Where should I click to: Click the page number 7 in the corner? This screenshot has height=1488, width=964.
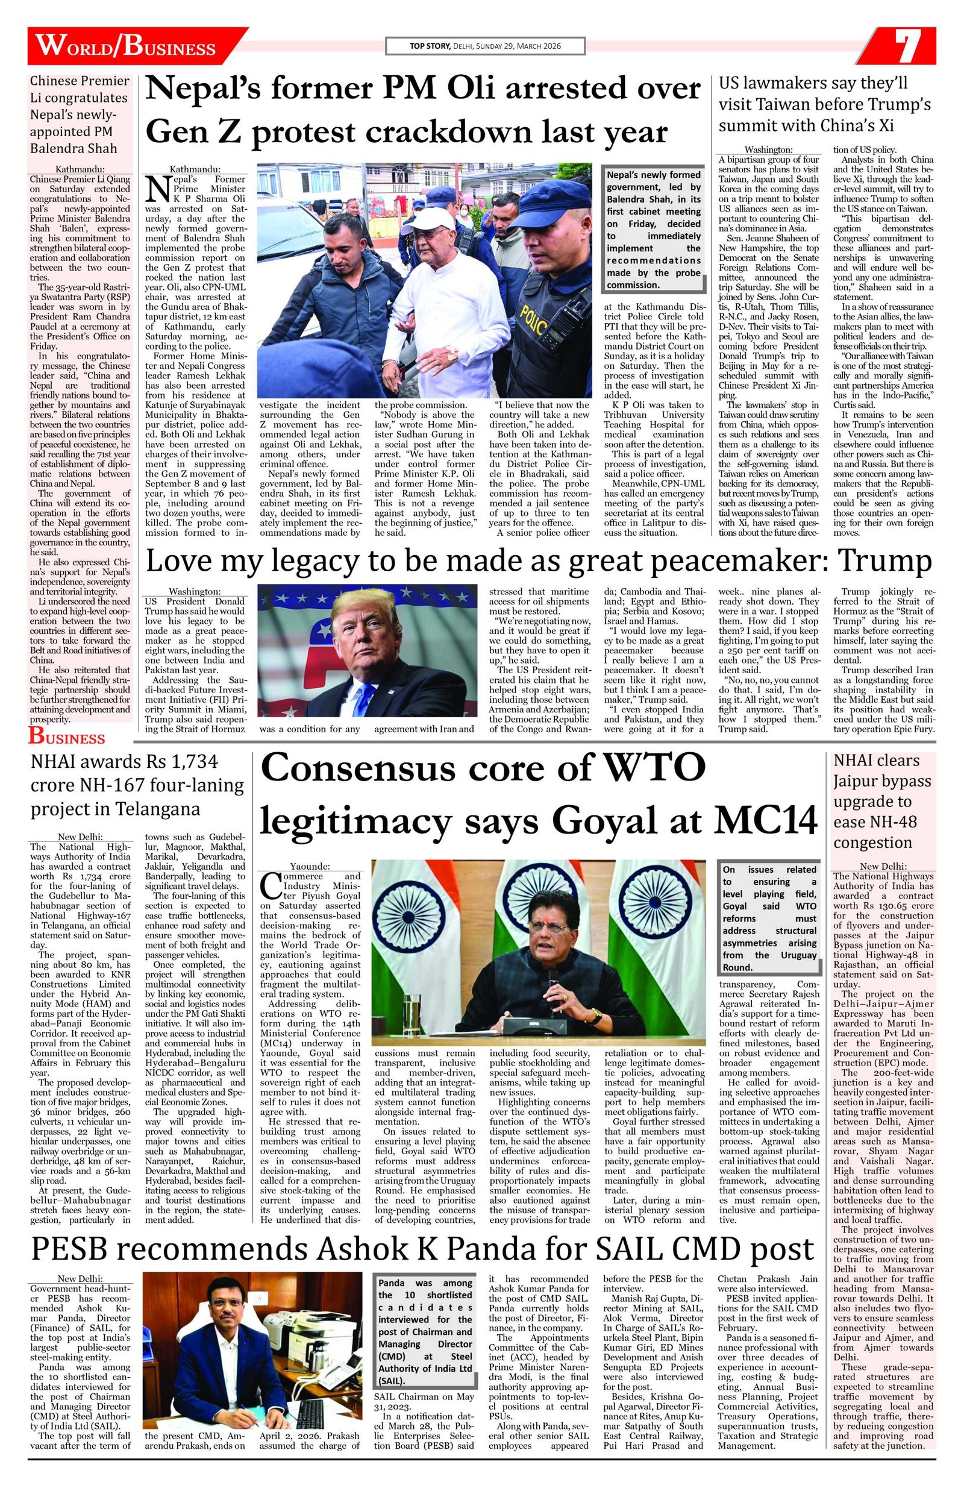point(904,46)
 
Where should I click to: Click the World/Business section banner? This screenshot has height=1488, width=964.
point(125,47)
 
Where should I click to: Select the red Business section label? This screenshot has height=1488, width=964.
point(67,738)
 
